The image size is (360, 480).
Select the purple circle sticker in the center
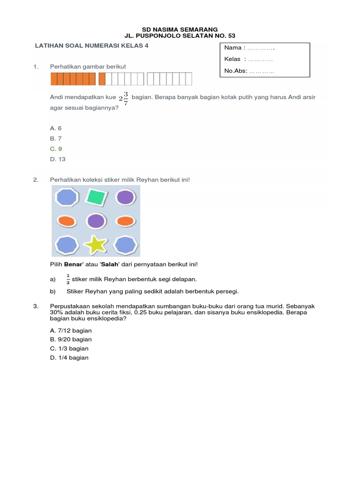96,221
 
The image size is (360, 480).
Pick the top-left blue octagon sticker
66,197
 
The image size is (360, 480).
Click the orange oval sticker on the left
66,220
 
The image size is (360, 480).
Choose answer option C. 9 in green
56,149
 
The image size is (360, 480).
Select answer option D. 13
57,159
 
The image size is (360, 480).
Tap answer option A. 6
56,128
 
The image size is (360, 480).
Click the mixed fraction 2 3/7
124,98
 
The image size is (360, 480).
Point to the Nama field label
233,48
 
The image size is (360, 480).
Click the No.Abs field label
236,72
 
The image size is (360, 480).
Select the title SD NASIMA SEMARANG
180,29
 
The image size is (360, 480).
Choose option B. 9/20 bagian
71,339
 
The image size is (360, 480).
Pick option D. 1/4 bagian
69,358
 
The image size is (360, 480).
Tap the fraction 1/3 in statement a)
68,279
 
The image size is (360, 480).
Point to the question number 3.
35,306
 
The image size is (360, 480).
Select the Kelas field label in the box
232,59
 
